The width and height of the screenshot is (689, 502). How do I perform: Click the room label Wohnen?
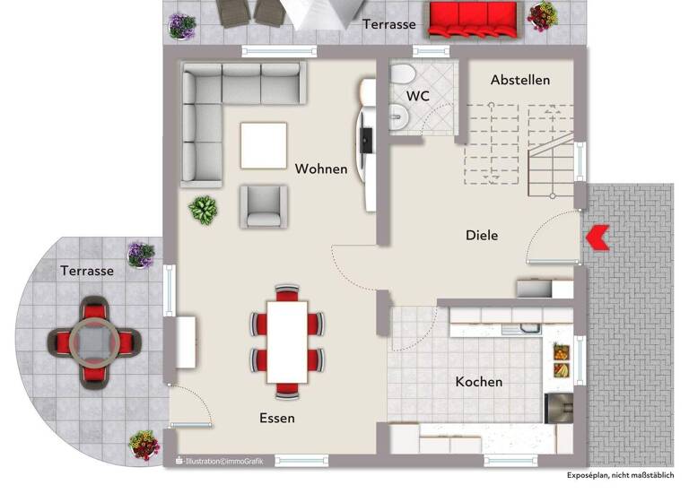point(320,169)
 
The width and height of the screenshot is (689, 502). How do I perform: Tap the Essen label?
point(277,418)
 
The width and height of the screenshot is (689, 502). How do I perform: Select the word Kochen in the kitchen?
point(478,382)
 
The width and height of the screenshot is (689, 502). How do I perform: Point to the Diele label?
point(482,236)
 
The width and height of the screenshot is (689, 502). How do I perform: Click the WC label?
point(418,95)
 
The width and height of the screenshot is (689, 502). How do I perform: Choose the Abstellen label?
point(520,81)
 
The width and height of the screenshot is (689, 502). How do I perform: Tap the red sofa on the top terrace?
point(474,19)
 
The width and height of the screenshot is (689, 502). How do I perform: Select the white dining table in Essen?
point(287,342)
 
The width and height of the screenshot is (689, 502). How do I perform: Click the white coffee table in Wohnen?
point(264,144)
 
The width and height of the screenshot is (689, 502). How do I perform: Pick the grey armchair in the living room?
point(264,206)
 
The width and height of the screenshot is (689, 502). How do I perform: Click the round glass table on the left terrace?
point(94,341)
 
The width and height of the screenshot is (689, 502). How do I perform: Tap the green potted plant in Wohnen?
point(203,210)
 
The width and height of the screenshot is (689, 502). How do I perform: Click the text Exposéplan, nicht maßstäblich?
point(620,475)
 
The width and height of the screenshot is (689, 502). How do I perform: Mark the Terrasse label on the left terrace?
point(87,270)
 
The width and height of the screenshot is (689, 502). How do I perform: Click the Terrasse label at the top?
point(389,24)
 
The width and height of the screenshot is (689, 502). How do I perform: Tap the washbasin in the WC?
point(397,114)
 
